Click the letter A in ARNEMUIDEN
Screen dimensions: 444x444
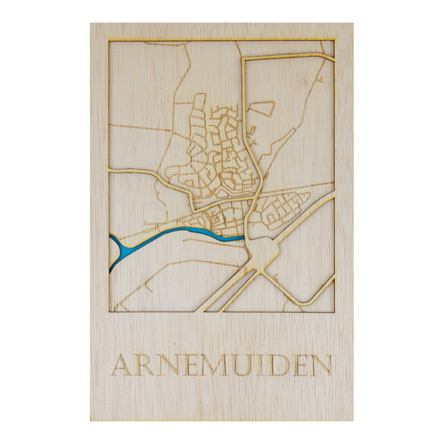tap(122, 365)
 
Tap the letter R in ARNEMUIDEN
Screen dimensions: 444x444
tap(145, 365)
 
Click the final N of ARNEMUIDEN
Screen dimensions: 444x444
tap(321, 365)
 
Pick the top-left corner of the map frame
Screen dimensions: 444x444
tap(109, 40)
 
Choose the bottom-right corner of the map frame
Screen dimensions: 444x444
tap(335, 312)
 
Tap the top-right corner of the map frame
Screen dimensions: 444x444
tap(335, 40)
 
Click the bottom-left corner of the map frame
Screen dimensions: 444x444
tap(109, 312)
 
